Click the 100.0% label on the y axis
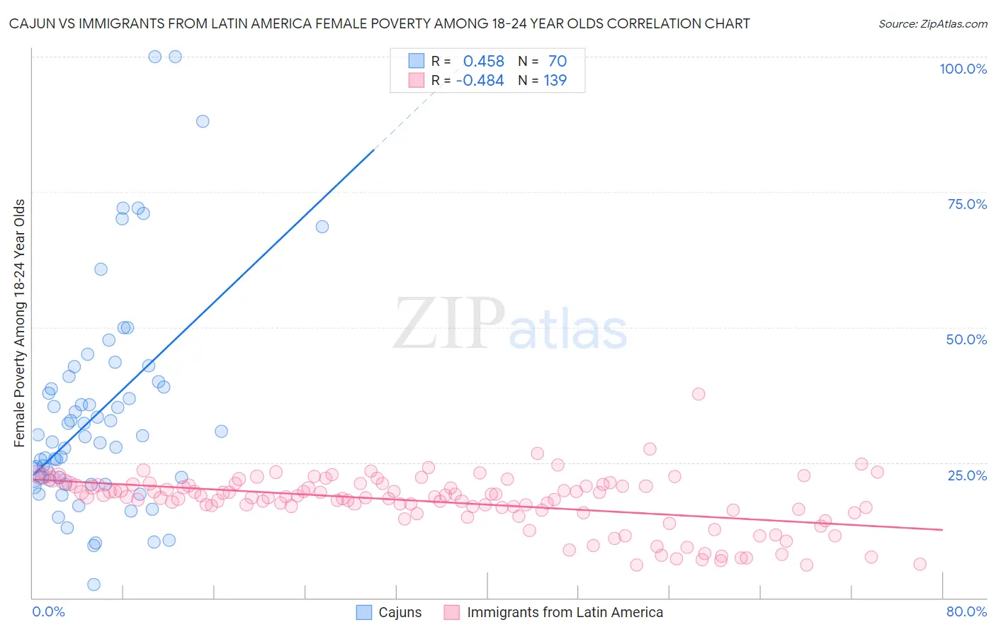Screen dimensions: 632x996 (963, 69)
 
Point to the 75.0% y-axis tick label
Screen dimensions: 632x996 (967, 204)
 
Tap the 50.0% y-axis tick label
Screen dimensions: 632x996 (966, 339)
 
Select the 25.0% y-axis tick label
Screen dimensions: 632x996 (967, 475)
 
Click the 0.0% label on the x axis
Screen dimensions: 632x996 (48, 611)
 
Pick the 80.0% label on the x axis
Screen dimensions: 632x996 (966, 611)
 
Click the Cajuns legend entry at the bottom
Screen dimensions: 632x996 (400, 612)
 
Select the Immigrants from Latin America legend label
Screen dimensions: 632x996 (565, 612)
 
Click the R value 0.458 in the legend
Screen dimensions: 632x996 (483, 62)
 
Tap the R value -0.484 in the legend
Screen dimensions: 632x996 (480, 81)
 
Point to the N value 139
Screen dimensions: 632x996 (555, 81)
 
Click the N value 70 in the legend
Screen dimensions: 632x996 (557, 62)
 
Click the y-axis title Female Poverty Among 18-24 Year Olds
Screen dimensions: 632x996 (20, 323)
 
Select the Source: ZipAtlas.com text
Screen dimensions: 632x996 (932, 23)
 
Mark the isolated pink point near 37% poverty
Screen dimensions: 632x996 (698, 394)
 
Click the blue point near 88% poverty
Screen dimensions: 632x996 (203, 121)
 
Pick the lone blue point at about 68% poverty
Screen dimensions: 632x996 (322, 227)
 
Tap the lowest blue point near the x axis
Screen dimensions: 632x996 (94, 585)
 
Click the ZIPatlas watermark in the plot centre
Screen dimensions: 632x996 (510, 325)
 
